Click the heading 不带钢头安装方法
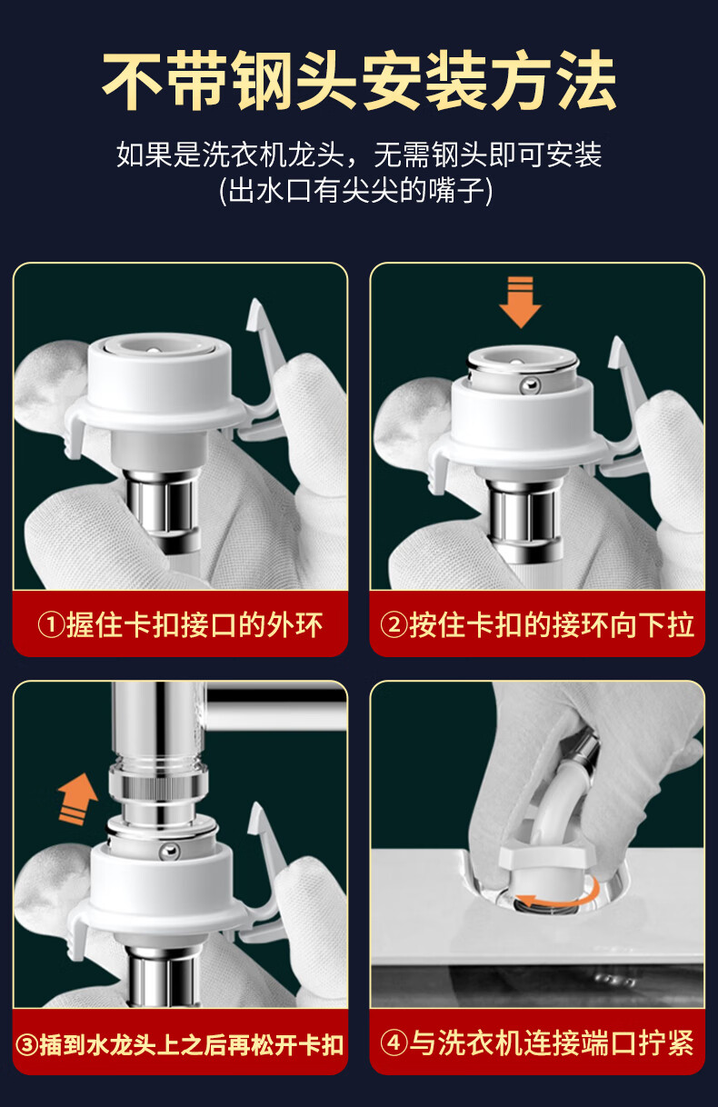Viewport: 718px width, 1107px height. pyautogui.click(x=359, y=80)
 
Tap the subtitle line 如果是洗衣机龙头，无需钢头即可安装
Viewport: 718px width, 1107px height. pyautogui.click(x=359, y=155)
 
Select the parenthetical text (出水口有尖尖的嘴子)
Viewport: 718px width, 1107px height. pyautogui.click(x=355, y=191)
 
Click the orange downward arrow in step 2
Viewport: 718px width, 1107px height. pyautogui.click(x=521, y=302)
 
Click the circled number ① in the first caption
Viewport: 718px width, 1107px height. pyautogui.click(x=51, y=625)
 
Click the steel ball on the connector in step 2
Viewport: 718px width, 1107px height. pyautogui.click(x=530, y=385)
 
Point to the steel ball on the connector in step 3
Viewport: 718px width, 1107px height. pyautogui.click(x=169, y=851)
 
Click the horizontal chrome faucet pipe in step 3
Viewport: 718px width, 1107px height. pyautogui.click(x=275, y=702)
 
